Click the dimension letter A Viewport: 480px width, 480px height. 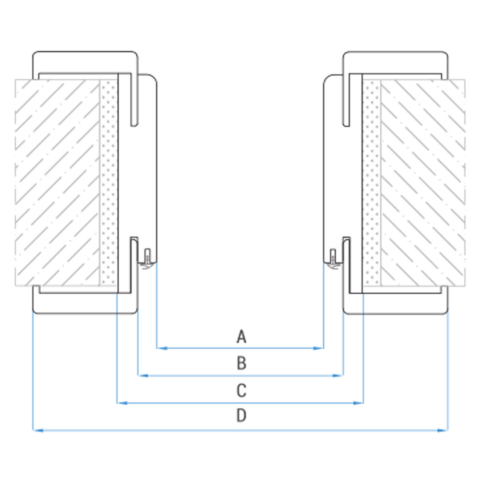tap(241, 336)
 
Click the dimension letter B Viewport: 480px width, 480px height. tap(241, 363)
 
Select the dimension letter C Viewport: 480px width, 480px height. tap(241, 391)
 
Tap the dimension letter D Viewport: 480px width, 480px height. tap(241, 416)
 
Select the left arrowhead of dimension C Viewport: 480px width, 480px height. tap(121, 403)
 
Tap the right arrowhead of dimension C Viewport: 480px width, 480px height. tap(358, 403)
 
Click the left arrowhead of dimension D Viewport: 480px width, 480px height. tap(37, 431)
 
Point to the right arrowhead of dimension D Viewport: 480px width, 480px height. tap(443, 431)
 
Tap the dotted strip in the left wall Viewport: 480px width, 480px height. tap(108, 182)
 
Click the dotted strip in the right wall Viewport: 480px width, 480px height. tap(372, 182)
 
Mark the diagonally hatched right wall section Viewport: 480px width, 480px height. tap(422, 182)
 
